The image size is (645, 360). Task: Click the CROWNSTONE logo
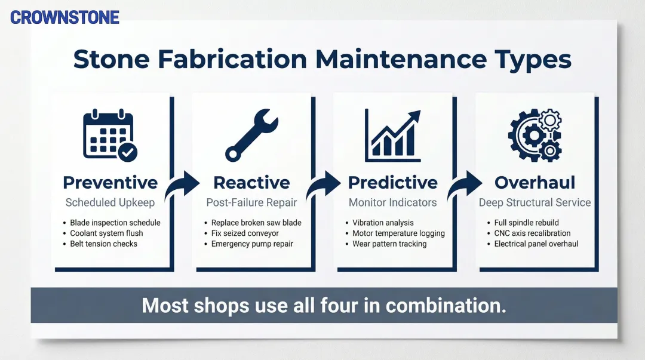tap(64, 17)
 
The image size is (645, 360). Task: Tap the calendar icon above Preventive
tap(110, 136)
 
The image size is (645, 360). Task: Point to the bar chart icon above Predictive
tap(392, 136)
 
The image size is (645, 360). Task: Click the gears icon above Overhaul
tap(535, 136)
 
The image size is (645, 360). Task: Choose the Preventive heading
tap(110, 182)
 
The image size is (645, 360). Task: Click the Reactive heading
tap(251, 182)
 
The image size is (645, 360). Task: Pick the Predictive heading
tap(392, 182)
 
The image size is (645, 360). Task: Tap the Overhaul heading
tap(535, 182)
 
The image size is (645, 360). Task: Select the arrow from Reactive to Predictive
tap(323, 186)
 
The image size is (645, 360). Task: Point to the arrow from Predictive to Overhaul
tap(464, 186)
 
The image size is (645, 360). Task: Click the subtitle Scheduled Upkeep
tap(110, 202)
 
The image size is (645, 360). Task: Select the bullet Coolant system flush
tap(106, 233)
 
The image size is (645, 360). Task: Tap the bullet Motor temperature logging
tap(398, 233)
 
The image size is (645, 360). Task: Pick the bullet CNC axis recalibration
tap(532, 233)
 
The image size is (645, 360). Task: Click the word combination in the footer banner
tap(446, 306)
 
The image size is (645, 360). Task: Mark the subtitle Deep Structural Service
tap(535, 202)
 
